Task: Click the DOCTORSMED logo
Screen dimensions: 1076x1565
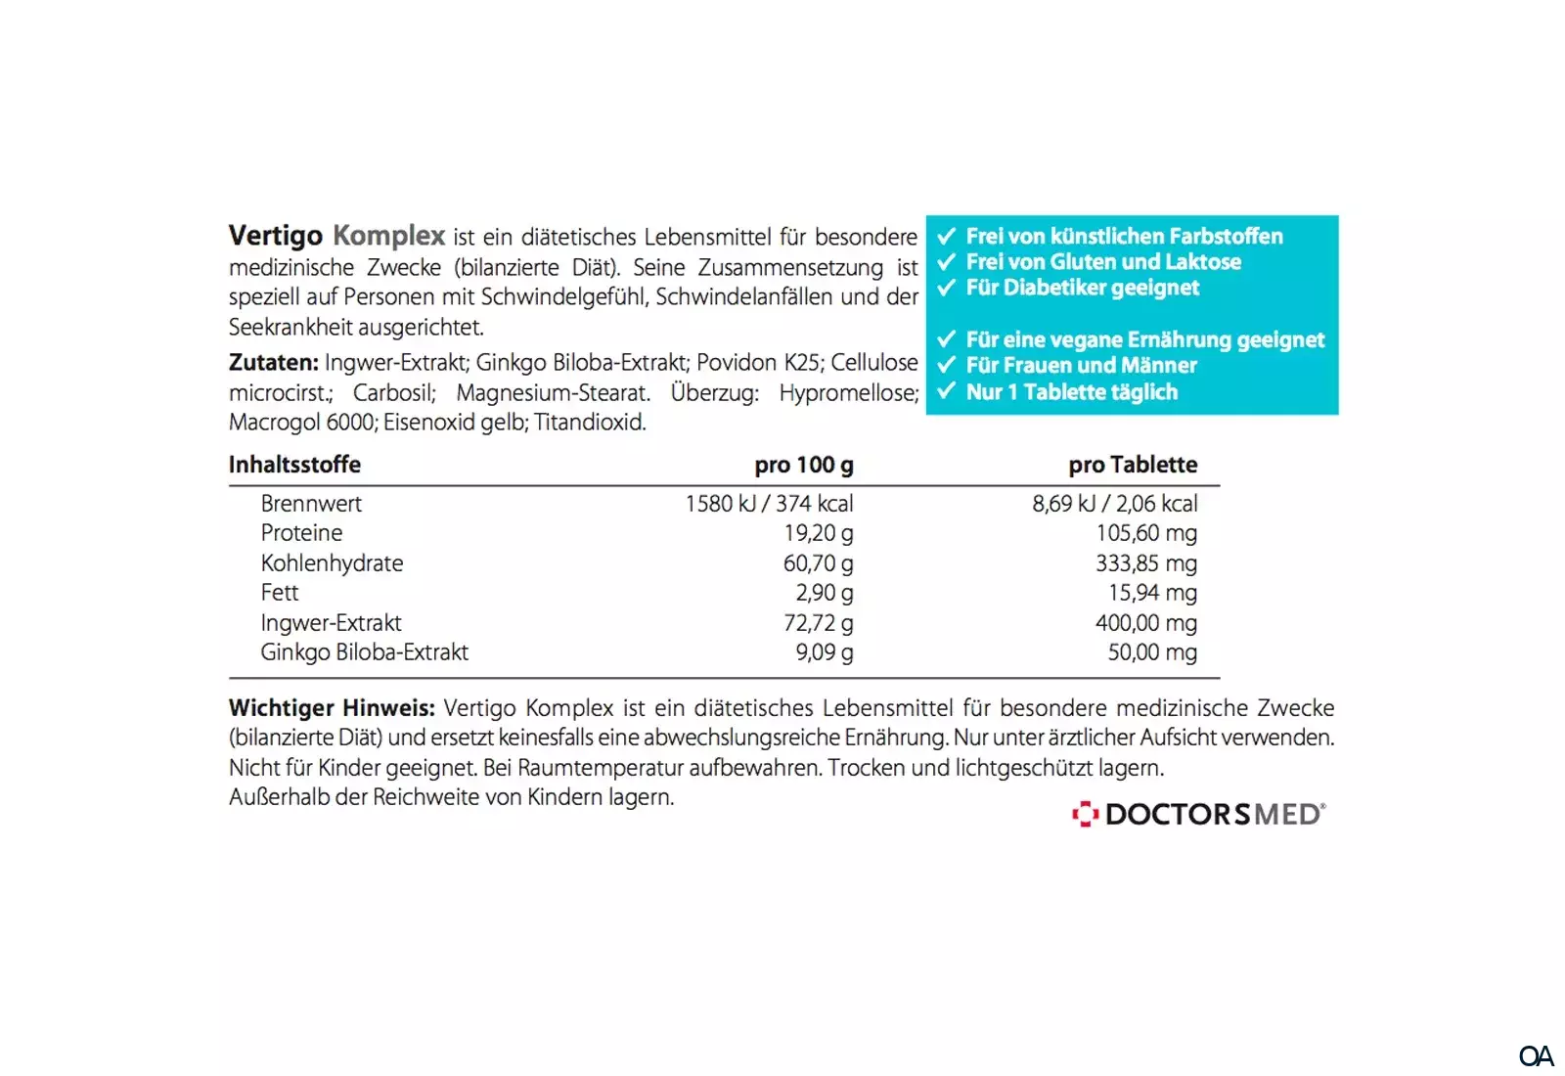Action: [1199, 814]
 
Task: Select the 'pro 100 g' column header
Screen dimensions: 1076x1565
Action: [803, 465]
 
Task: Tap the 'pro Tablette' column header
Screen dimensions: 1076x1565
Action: [1132, 465]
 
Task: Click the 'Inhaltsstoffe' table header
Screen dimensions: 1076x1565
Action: [294, 465]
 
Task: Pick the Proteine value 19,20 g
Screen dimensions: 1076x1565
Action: [818, 533]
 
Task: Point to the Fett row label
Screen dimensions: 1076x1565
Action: [280, 593]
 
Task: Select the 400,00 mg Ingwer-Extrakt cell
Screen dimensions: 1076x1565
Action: [1145, 623]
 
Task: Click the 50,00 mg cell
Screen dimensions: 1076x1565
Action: [1151, 652]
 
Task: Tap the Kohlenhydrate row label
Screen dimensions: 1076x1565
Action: [332, 563]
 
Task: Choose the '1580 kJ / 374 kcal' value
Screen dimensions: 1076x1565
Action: [769, 504]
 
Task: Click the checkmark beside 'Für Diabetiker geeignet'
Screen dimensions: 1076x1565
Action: [946, 288]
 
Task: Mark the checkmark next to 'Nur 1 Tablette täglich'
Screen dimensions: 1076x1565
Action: [946, 392]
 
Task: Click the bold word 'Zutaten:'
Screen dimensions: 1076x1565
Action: [273, 363]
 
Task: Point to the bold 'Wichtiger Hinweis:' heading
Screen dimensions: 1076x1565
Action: [332, 708]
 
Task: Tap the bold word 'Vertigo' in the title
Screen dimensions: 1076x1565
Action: [275, 236]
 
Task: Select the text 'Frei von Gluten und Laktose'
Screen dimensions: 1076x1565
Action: [1103, 262]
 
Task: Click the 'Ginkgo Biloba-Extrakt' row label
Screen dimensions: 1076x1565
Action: [364, 652]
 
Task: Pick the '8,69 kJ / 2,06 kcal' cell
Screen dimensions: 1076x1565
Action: [1114, 504]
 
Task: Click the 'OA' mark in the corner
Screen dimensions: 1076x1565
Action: [1536, 1056]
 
